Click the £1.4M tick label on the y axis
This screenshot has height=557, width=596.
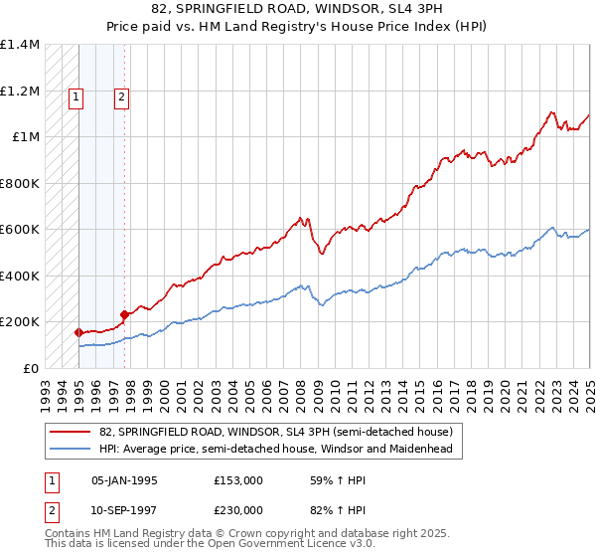point(20,45)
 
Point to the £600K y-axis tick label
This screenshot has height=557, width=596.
point(20,230)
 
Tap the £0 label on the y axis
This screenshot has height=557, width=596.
point(31,368)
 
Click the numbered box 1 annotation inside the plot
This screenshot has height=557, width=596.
point(77,97)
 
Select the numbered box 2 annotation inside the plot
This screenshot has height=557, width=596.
point(120,97)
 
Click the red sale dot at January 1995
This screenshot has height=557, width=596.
point(78,333)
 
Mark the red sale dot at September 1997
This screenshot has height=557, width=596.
point(124,315)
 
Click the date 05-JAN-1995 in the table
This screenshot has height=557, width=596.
point(125,480)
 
